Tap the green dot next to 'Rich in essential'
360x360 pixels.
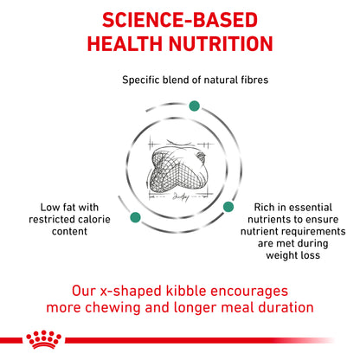(229, 207)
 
